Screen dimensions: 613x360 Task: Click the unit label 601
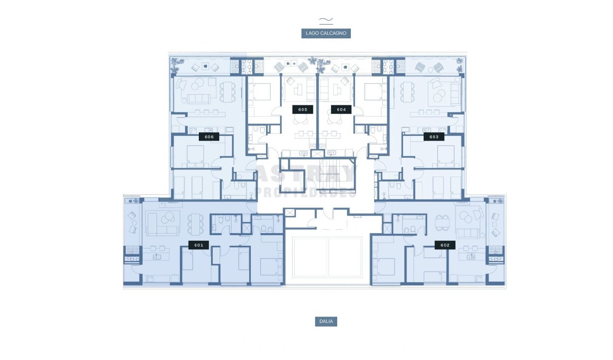199,245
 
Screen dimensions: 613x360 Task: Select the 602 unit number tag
445,245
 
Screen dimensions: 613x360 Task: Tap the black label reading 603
434,137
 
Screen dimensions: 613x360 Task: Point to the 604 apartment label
341,109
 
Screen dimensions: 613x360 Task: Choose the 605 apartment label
303,109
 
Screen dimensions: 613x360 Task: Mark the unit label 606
209,137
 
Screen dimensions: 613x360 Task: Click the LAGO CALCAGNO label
326,33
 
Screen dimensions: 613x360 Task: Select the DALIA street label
326,321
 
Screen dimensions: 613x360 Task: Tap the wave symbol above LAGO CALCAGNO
326,20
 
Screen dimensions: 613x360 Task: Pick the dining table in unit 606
228,92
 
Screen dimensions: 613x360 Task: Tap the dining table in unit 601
195,225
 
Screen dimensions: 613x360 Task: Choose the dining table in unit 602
442,223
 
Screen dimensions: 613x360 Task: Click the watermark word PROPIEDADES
306,193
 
